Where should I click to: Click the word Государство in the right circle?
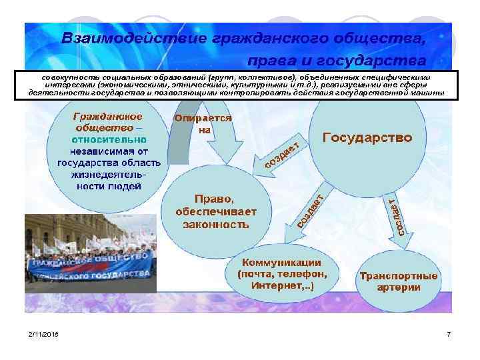367,138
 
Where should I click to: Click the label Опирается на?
203,124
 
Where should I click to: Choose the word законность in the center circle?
216,225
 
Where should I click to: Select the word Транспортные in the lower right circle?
399,276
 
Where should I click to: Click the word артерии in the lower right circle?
399,288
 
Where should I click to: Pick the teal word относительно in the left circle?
110,140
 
